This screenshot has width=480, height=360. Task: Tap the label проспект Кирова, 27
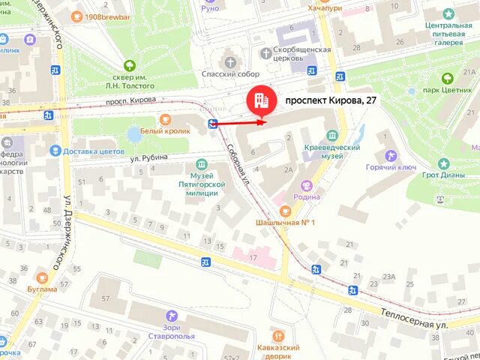tap(331, 100)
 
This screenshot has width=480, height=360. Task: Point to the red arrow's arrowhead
tap(262, 121)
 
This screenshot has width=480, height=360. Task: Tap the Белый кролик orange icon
tap(165, 118)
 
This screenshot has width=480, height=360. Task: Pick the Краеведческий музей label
tap(332, 152)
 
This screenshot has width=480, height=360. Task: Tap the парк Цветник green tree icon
tap(448, 77)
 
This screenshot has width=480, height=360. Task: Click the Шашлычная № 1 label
tap(286, 223)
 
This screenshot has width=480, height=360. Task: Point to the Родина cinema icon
tap(306, 185)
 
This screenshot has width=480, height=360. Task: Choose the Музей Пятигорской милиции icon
tap(201, 164)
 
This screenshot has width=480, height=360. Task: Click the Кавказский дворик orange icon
tap(279, 337)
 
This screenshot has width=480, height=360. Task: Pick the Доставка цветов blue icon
tap(55, 151)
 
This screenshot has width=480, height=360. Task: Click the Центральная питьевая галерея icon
tap(448, 14)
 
